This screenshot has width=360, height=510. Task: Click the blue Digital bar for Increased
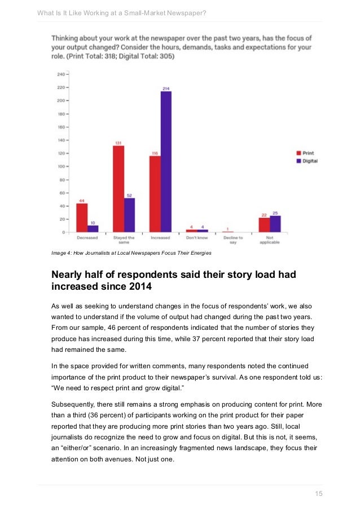166,162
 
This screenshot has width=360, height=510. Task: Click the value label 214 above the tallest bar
166,89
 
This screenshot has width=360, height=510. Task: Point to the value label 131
118,143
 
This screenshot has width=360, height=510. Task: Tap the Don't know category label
197,238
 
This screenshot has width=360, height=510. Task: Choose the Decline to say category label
232,240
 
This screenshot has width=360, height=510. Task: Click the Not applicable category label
269,240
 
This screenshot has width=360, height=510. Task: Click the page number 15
318,494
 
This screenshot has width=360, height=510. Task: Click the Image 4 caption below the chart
131,253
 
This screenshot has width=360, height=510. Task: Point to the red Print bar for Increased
155,194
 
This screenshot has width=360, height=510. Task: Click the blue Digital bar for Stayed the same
130,215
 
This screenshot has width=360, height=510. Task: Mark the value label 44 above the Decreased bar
82,200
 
